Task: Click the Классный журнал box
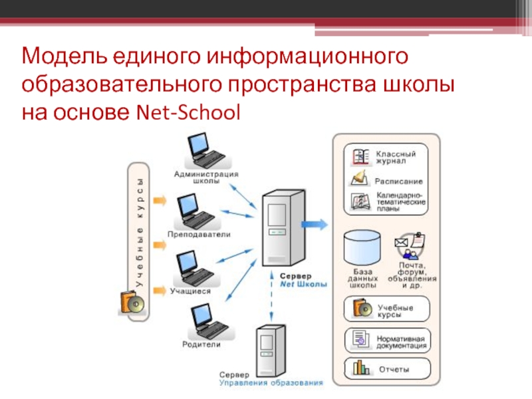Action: (x=386, y=156)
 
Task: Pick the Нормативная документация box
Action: (x=386, y=340)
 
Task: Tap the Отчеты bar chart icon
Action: (x=361, y=367)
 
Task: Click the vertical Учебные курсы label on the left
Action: (x=140, y=233)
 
